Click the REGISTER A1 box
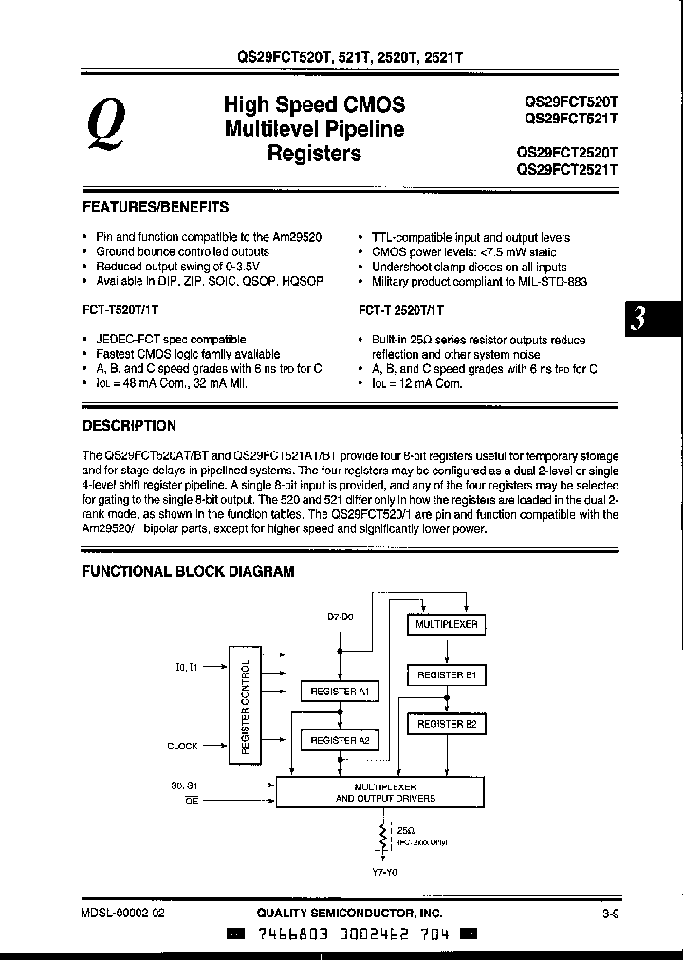coord(339,692)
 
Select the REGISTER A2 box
coord(339,740)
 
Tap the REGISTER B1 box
coord(447,675)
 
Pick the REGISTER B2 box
coord(447,724)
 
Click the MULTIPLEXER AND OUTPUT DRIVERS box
coord(385,793)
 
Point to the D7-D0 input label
coord(340,617)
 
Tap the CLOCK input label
coord(182,746)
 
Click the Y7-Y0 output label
coord(384,871)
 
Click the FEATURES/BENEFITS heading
coord(156,206)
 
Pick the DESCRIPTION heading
coord(129,426)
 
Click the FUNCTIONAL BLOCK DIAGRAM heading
coord(188,571)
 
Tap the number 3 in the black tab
coord(640,320)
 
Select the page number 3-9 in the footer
coord(610,914)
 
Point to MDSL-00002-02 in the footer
coord(123,914)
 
